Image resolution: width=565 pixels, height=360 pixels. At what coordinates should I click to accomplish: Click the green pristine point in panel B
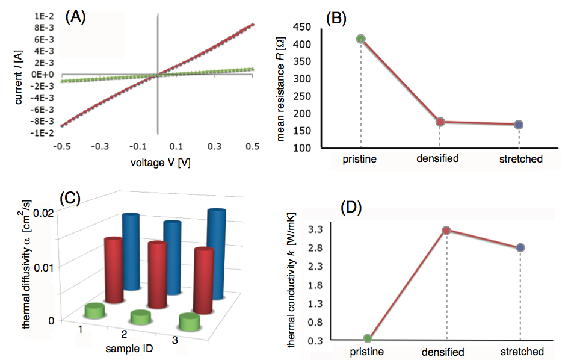pyautogui.click(x=361, y=39)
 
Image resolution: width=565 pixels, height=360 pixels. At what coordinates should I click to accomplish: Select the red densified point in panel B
pyautogui.click(x=440, y=122)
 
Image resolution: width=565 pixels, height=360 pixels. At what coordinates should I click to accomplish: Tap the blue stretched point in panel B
pyautogui.click(x=519, y=125)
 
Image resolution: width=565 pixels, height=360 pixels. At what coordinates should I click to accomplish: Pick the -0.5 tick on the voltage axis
pyautogui.click(x=61, y=146)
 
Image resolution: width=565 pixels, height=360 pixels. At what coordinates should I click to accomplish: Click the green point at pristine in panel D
pyautogui.click(x=367, y=338)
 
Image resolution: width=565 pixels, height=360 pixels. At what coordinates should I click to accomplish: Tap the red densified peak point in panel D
pyautogui.click(x=446, y=231)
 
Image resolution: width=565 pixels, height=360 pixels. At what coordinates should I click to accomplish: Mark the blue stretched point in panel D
pyautogui.click(x=520, y=248)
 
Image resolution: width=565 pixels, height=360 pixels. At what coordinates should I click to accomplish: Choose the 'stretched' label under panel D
pyautogui.click(x=522, y=352)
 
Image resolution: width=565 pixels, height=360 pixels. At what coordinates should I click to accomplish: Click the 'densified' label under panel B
pyautogui.click(x=438, y=160)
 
